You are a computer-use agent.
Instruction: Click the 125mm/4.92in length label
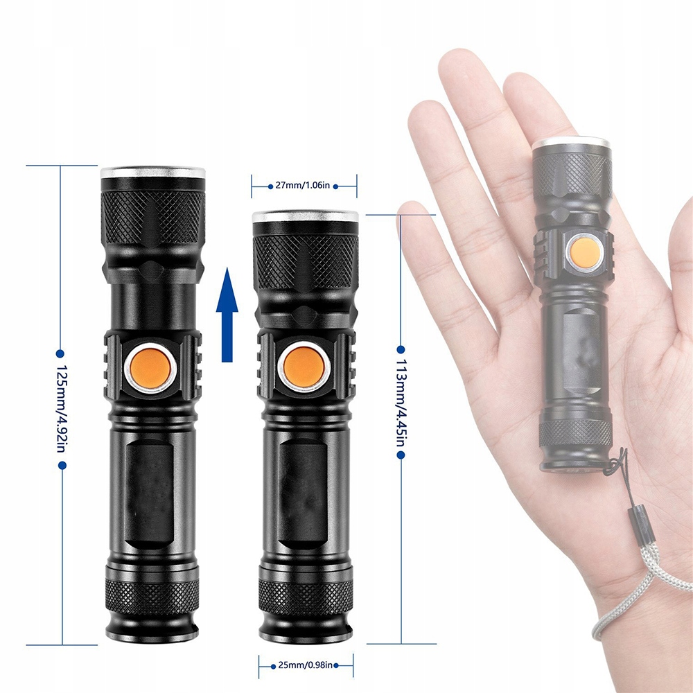[61, 410]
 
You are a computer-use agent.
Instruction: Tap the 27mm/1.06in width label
[304, 185]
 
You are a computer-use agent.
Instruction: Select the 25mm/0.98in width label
[306, 665]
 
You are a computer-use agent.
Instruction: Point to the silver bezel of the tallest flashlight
[153, 172]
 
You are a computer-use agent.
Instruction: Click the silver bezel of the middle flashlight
[305, 217]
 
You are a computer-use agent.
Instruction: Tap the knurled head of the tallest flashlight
[153, 215]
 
